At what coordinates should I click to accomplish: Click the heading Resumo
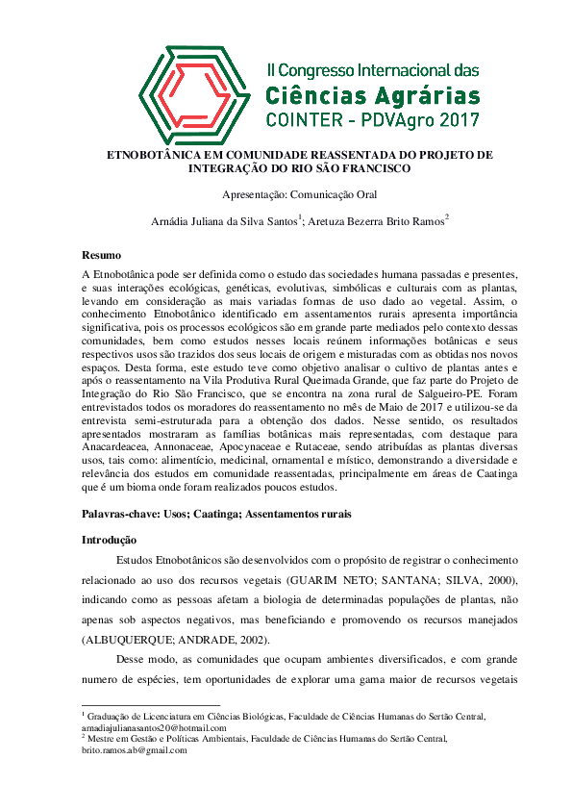[x=101, y=255]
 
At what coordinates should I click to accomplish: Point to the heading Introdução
[x=109, y=540]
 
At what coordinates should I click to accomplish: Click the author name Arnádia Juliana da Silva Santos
[x=224, y=221]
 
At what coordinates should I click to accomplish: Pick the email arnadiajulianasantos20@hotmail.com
[x=148, y=729]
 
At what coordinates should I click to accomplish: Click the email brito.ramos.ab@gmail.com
[x=135, y=750]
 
